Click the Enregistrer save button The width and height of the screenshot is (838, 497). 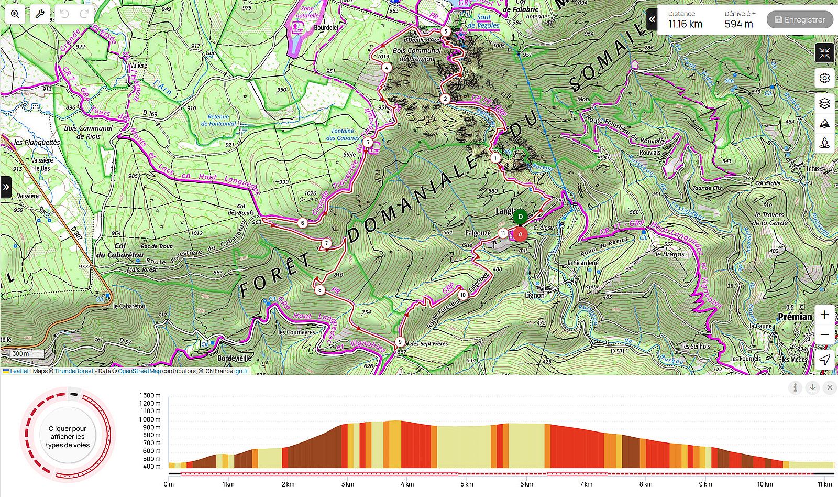[x=800, y=20]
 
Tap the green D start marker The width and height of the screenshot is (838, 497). [x=520, y=216]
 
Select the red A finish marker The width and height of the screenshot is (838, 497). [x=520, y=234]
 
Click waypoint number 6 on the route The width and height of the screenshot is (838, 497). [x=302, y=223]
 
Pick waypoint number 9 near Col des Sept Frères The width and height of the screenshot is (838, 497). [x=400, y=342]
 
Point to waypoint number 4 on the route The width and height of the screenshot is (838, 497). [x=387, y=67]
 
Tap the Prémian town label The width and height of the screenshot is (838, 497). [x=795, y=317]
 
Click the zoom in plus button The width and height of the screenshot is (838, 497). [x=824, y=315]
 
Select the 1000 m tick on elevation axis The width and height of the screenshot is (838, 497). [x=150, y=419]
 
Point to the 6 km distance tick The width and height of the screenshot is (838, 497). [x=526, y=484]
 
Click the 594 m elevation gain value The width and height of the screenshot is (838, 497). [x=738, y=24]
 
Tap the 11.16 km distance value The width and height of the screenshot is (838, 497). [x=685, y=24]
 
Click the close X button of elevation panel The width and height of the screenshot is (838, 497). [x=830, y=388]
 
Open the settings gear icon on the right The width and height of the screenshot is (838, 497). [x=824, y=78]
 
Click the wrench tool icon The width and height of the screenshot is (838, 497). [x=39, y=14]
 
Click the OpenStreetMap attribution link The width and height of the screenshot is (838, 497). [x=139, y=371]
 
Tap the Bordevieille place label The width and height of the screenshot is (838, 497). [x=234, y=358]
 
